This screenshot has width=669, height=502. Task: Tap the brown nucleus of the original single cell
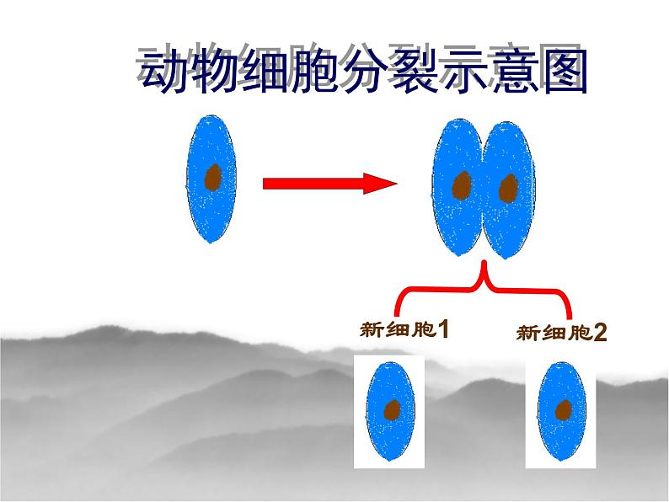[213, 178]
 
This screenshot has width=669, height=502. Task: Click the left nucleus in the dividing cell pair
[461, 186]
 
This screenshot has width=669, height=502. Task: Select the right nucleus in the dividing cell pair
[507, 189]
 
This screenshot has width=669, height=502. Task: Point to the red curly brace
[484, 287]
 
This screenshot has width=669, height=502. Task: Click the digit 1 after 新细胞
[442, 330]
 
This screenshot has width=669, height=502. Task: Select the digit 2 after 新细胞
[599, 334]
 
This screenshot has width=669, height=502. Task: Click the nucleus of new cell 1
[392, 410]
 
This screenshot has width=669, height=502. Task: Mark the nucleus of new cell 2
[563, 409]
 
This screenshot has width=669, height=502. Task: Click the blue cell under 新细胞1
[388, 413]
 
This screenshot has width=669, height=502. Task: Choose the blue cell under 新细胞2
[559, 413]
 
